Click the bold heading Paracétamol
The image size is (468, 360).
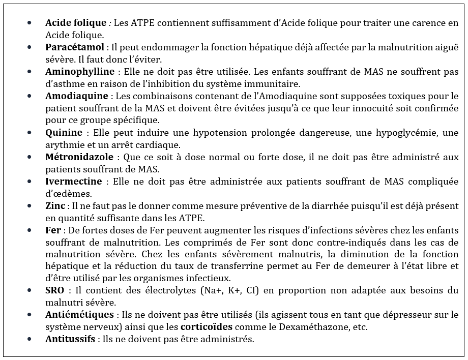coord(74,47)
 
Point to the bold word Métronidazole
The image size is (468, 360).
coord(79,157)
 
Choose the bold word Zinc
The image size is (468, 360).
coord(55,206)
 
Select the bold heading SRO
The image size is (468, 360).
coord(55,290)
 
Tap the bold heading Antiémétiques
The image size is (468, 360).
coord(78,315)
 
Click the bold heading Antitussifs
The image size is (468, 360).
coord(70,339)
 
